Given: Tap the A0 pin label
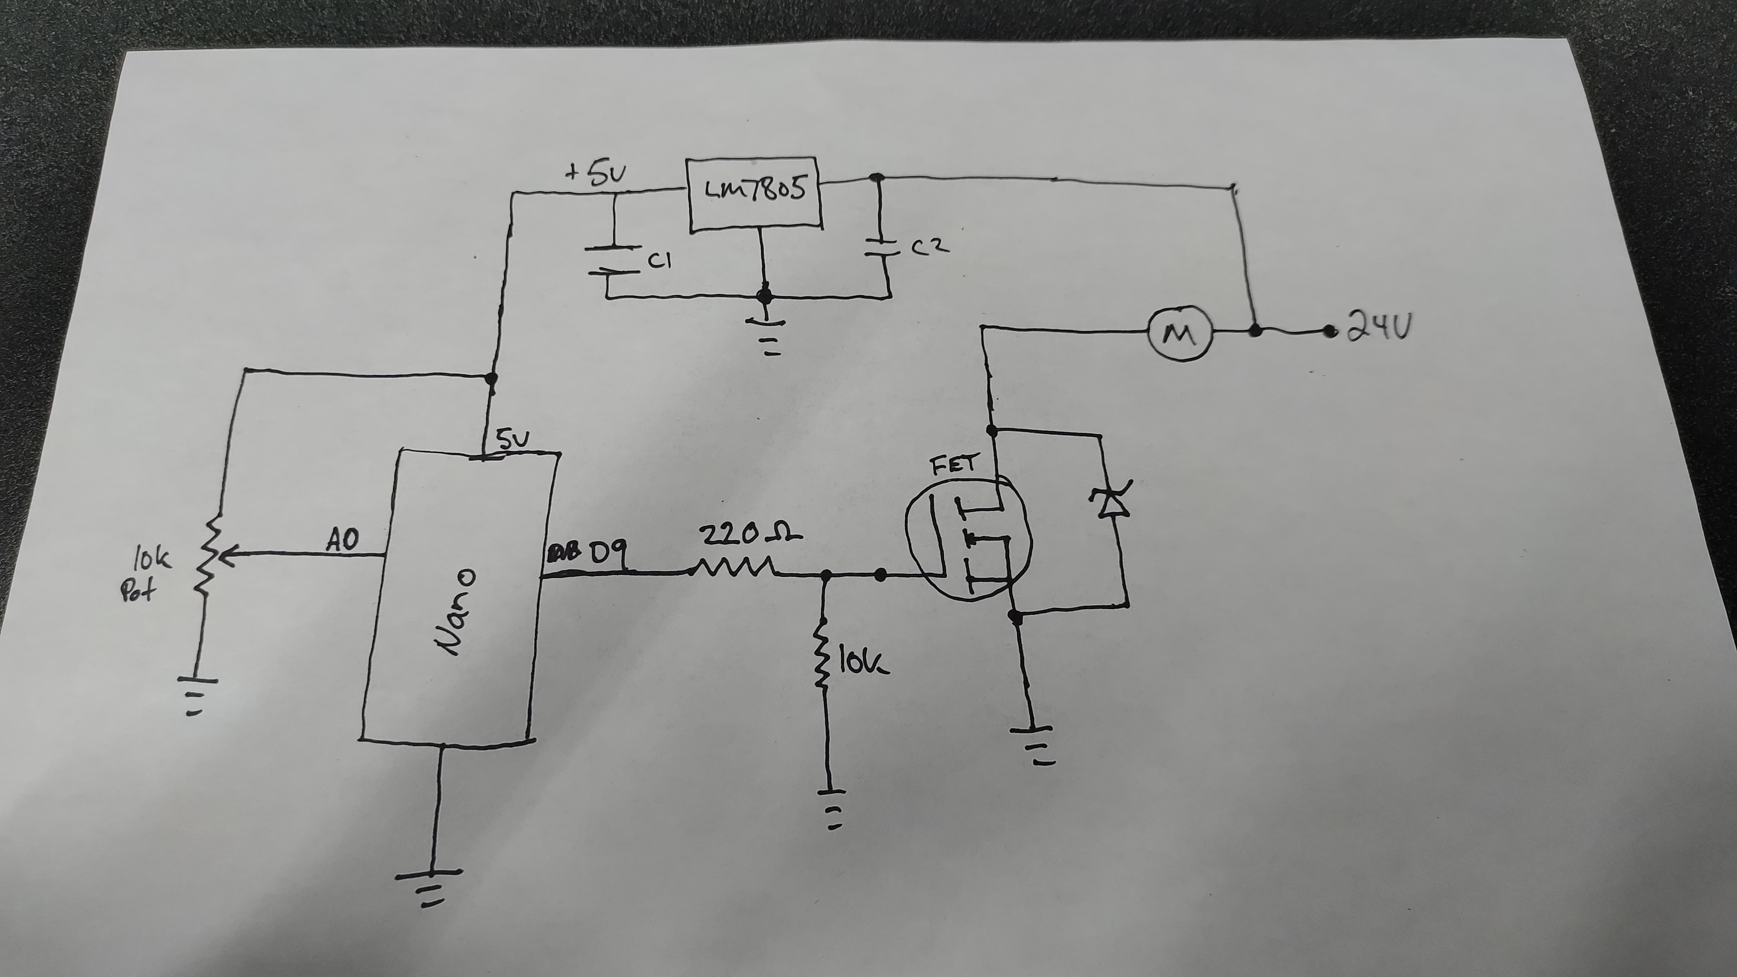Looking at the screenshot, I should [343, 540].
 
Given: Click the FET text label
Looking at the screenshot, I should [952, 465].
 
